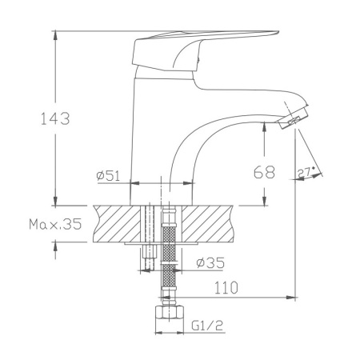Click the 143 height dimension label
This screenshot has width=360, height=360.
(54, 119)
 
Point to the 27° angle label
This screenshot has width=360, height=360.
(306, 171)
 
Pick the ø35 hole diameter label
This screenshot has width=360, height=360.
(210, 262)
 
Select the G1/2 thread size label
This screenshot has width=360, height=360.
(206, 326)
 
